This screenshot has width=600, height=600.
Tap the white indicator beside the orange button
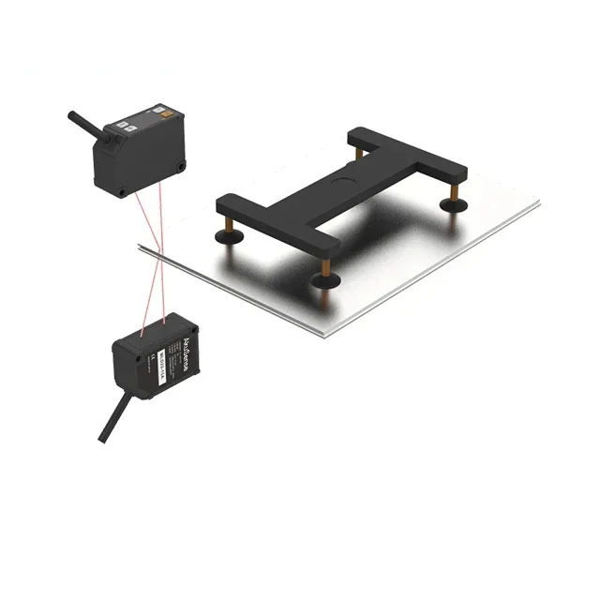click(x=133, y=124)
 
